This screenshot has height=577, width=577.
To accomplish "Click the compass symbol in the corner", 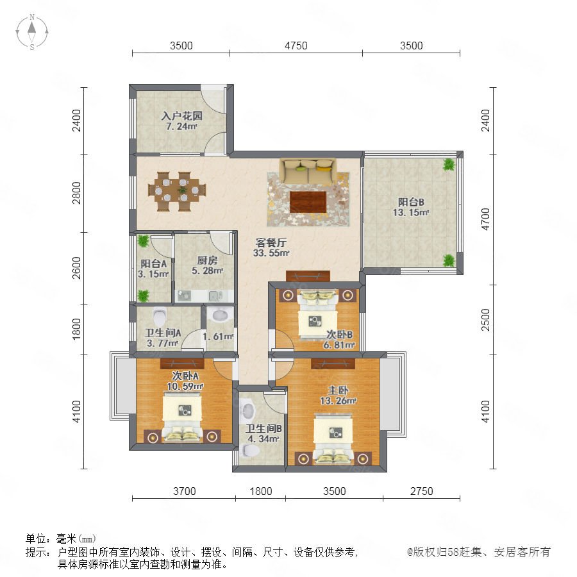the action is pos(32,32).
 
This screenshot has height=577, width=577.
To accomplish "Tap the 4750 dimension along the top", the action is pos(296,46).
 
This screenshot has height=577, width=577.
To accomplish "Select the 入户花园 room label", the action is pos(182,116).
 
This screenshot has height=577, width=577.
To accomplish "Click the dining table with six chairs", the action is pos(177,191).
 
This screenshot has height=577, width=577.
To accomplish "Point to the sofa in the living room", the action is pos(308,171).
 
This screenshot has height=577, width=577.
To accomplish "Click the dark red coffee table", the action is pos(308,202).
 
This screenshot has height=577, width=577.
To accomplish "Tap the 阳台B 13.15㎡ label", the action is pos(411,207).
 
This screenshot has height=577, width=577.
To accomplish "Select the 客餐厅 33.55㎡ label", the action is pos(271,247).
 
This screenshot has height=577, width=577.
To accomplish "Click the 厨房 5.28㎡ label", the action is pos(207,265).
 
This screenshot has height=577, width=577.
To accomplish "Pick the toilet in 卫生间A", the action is pos(160,316).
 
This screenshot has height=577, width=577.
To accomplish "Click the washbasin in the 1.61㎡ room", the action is pos(220,315).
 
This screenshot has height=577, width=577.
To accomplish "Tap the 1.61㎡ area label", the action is pos(218,337).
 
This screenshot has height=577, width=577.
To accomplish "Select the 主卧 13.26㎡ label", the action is pos(338,395).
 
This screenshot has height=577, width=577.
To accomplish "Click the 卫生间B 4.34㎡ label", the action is pos(263,433).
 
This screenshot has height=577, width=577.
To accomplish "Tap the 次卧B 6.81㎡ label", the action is pos(339,340).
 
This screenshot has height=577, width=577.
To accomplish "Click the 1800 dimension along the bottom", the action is pos(261,491).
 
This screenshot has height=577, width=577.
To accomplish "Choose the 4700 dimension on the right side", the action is pos(486,219).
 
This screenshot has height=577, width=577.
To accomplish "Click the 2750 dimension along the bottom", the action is pos(422,491).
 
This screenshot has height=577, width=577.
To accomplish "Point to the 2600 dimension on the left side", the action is pos(76,268).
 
